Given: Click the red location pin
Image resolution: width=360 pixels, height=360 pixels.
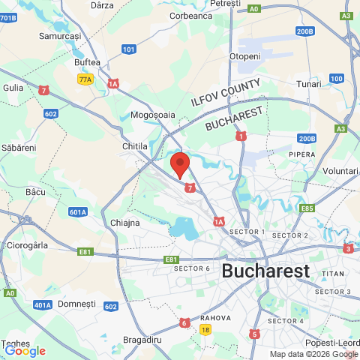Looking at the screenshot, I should pos(179,163).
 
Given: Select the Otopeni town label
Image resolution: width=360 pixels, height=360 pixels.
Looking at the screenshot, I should pos(244,56).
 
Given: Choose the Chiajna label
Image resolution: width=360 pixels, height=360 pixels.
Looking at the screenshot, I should pos(124,223).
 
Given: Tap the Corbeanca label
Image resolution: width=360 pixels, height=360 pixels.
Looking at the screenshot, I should pos(191,15).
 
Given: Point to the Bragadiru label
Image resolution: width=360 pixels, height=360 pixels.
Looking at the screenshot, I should pos(142,340).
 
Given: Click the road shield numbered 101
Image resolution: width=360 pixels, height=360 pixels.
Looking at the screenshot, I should pos(129,49).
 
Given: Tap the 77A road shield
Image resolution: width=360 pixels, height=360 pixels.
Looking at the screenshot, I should pos(85,79).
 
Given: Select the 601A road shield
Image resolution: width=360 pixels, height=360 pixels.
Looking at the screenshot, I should pos(77,212).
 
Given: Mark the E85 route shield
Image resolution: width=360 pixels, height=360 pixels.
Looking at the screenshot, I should pos(306,208).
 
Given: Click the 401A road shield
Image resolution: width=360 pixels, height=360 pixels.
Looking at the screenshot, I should pos(43,304).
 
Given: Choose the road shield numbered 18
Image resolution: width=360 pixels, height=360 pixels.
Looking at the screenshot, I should pos(205,329).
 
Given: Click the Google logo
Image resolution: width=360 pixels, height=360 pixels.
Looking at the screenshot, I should pos(25,350).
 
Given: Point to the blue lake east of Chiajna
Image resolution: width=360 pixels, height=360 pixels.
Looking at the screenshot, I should pos(182,226).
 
